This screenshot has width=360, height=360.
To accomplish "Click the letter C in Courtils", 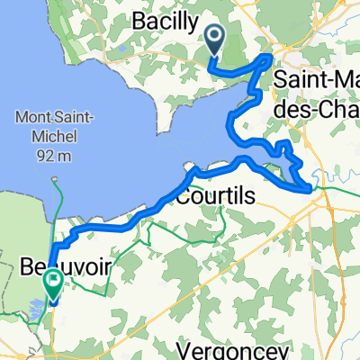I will (x=185, y=194).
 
